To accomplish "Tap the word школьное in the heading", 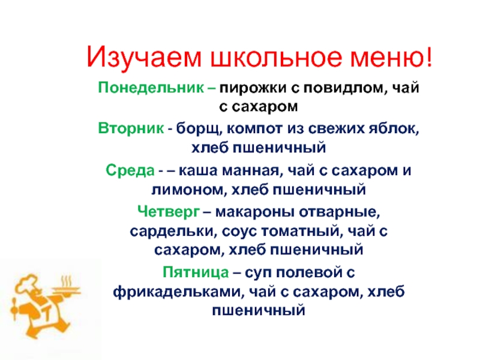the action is [275, 57].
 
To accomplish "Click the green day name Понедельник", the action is [151, 88].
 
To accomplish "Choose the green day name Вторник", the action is [131, 128].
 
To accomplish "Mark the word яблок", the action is [394, 129].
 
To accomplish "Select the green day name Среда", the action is [130, 170].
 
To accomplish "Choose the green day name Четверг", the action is [169, 212].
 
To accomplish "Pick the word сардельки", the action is [172, 232].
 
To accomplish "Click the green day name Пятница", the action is [196, 272].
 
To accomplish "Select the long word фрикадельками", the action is [178, 292].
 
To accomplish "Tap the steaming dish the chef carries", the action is [67, 289].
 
